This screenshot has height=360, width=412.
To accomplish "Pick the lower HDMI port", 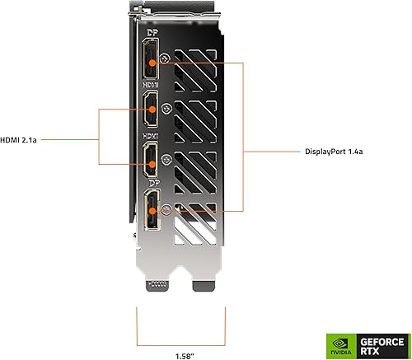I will pos(152,161).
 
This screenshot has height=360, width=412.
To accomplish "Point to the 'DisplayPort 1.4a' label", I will pos(333,151).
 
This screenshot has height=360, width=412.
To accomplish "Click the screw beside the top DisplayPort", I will pos(168,59).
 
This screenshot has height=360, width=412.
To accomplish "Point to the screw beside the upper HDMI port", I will pos(168,107).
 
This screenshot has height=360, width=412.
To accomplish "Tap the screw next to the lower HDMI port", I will pos(167,159).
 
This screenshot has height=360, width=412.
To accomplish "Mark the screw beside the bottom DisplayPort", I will pos(168,209).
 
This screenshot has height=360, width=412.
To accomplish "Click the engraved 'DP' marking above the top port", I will pos(152,35).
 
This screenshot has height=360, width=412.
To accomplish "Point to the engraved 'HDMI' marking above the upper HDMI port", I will pos(152,86).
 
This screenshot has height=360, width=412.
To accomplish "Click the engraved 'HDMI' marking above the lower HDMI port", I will pos(152,136).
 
